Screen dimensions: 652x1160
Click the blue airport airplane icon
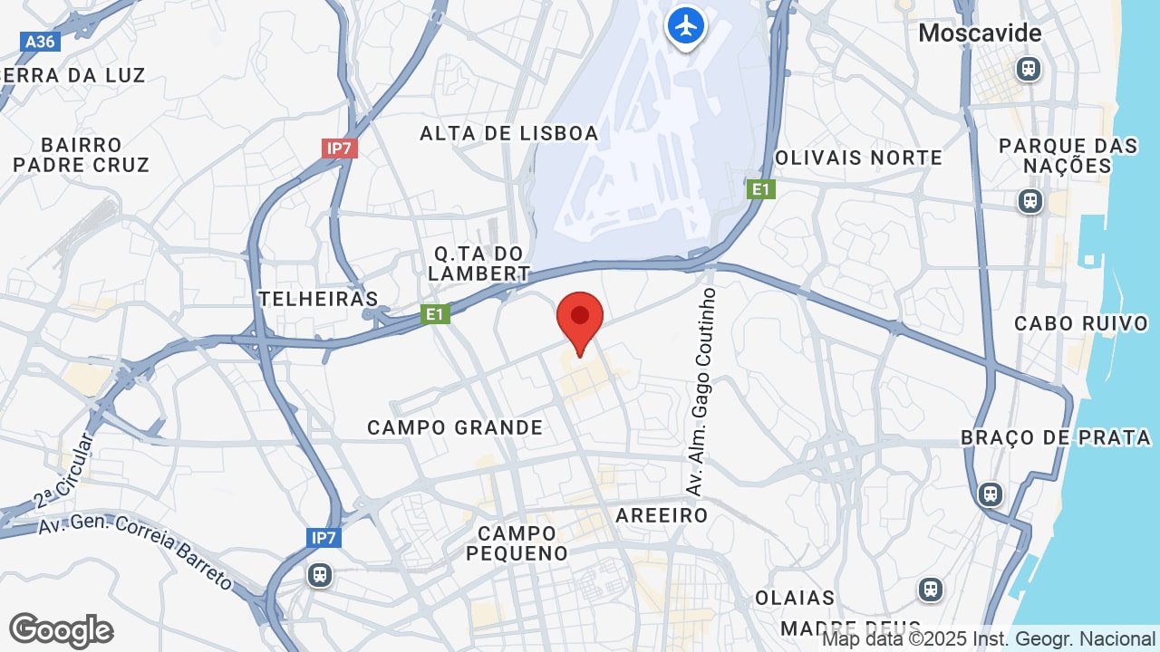686,25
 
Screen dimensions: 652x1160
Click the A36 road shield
40,42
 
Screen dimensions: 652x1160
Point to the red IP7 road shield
339,148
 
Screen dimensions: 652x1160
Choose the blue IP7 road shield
324,538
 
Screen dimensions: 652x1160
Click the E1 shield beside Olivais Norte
761,189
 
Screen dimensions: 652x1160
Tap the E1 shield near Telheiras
436,314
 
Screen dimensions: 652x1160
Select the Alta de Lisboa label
509,133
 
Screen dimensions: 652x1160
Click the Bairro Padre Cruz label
82,155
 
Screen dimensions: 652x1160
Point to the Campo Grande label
455,427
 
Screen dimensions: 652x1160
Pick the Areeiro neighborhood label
662,515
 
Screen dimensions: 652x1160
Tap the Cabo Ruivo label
1081,323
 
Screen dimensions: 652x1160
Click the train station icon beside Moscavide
1028,69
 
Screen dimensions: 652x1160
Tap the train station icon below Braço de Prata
991,494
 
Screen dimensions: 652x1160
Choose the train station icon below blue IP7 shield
319,575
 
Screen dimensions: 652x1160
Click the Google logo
62,630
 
